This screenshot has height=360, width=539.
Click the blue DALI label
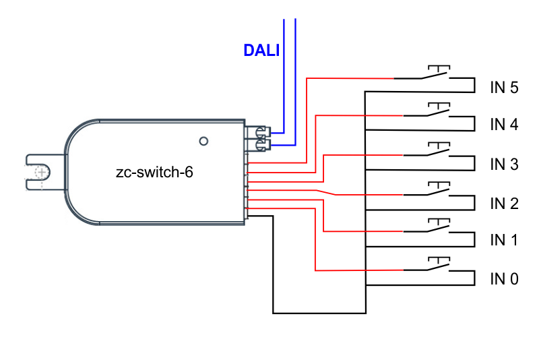point(261,51)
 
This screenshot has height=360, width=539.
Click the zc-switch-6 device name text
point(154,173)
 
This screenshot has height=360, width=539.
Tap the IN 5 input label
point(504,88)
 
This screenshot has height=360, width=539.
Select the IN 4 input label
point(504,125)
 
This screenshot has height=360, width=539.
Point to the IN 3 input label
point(504,164)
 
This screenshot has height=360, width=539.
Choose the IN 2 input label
point(504,203)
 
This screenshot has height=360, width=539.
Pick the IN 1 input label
point(504,240)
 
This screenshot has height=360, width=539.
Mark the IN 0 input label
point(504,278)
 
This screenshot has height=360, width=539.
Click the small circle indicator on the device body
point(203,141)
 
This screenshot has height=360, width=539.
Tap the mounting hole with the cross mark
point(41,173)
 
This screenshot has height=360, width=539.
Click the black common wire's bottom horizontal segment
point(319,313)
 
